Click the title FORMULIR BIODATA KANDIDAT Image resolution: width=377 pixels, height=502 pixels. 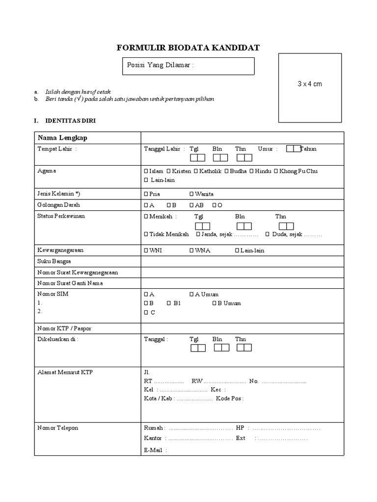click(x=188, y=48)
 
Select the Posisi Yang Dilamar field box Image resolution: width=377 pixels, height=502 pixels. click(x=188, y=66)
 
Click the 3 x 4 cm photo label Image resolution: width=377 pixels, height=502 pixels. click(x=310, y=84)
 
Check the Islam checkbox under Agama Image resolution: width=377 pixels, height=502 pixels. click(x=146, y=171)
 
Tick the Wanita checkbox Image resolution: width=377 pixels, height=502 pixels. click(x=191, y=194)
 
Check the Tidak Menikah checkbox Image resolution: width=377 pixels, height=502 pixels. click(x=146, y=234)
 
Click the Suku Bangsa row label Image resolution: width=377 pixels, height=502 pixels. click(x=54, y=261)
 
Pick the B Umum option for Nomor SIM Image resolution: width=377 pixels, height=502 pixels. click(x=214, y=303)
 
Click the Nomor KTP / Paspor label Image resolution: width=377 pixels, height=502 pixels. click(x=65, y=328)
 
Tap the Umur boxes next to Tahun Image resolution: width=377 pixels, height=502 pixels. click(x=293, y=149)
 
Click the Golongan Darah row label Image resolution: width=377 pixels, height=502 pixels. click(x=58, y=205)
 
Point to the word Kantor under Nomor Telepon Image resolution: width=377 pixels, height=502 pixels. click(x=153, y=438)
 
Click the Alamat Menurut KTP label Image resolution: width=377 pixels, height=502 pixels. click(x=65, y=372)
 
